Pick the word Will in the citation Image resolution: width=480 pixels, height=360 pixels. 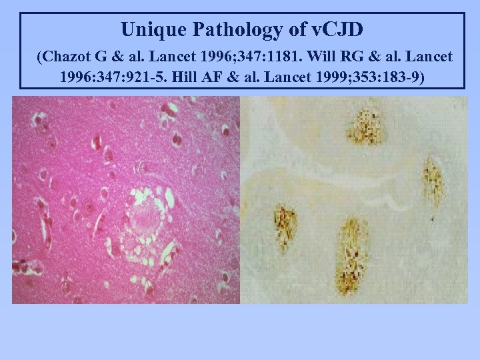(340, 57)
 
